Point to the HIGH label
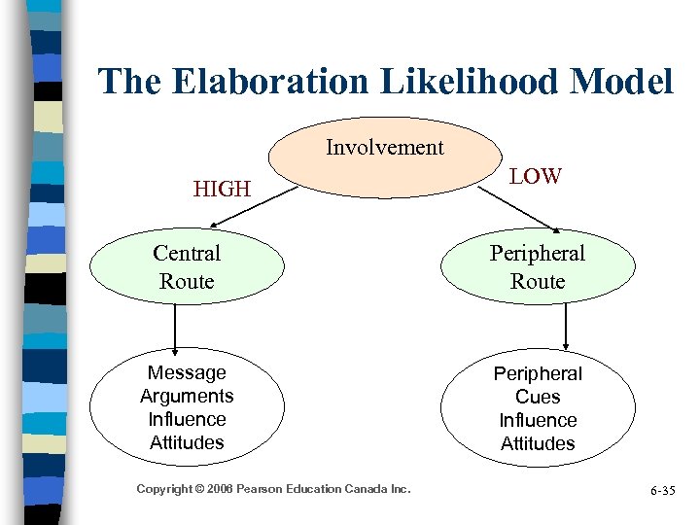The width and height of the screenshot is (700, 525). coord(222,189)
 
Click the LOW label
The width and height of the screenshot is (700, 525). coord(536,176)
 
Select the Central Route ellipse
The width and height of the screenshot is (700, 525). coord(187,267)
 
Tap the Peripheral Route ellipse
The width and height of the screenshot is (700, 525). coord(538,267)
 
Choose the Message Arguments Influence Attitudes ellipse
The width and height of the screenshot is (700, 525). coord(187,407)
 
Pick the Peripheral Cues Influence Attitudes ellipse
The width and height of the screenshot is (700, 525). coord(538,408)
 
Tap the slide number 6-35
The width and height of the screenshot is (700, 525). coord(661,491)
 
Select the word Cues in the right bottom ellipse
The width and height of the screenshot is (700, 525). coord(538,397)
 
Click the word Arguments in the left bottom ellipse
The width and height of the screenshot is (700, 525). coord(187,396)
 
